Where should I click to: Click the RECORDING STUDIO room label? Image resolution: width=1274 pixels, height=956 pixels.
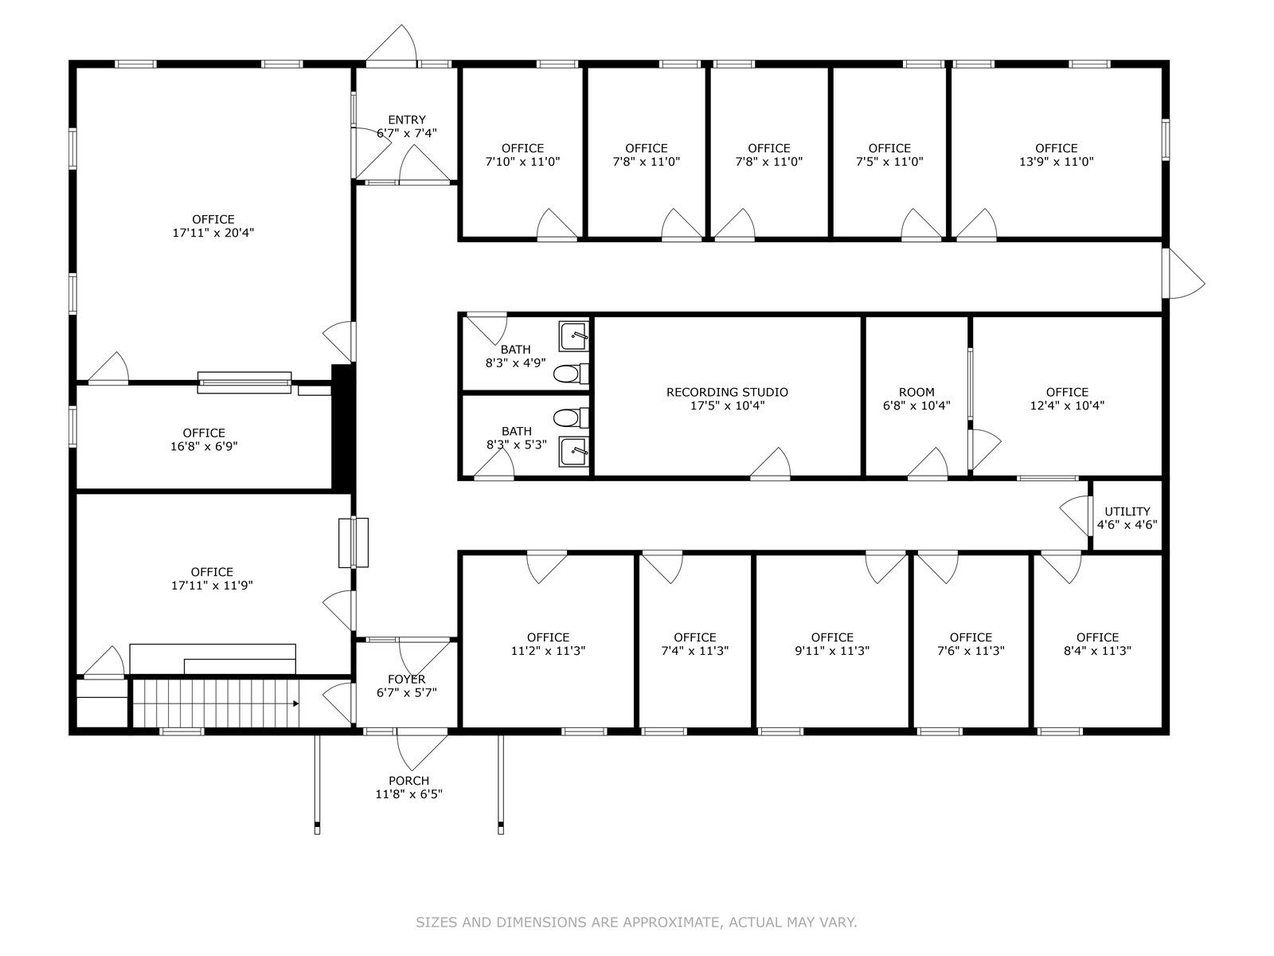(x=727, y=393)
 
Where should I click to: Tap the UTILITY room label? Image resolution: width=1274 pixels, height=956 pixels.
(x=1127, y=511)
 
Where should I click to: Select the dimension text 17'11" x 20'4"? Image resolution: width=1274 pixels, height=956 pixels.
(x=213, y=233)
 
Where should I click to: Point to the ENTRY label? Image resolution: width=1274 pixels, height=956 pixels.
(x=407, y=119)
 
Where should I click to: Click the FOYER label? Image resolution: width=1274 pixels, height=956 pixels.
(x=407, y=679)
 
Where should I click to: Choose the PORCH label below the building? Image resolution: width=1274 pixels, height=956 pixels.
(x=408, y=781)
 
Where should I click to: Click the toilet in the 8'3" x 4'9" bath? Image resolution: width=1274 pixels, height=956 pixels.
(x=571, y=374)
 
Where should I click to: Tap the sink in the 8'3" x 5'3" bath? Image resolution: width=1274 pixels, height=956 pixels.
(x=573, y=452)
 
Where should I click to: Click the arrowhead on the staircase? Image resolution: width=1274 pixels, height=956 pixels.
(x=295, y=703)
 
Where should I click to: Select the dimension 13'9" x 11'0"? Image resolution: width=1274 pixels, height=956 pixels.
(x=1057, y=162)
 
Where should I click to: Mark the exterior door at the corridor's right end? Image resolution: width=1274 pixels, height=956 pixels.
(x=1183, y=274)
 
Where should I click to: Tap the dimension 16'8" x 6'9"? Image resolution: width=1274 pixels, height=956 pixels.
(x=204, y=446)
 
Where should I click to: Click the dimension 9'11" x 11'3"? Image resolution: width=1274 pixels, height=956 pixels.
(x=832, y=651)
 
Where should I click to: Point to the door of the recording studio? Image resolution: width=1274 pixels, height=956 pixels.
(x=770, y=464)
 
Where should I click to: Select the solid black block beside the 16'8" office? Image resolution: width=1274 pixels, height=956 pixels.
(x=342, y=427)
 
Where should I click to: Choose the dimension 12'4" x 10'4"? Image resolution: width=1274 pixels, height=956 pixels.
(x=1067, y=406)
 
